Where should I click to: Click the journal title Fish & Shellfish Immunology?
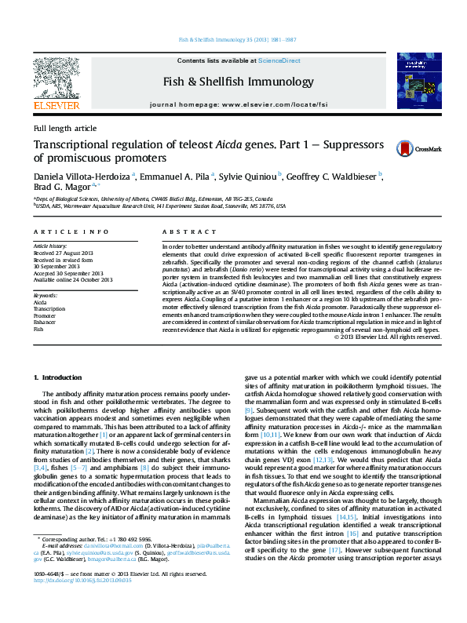point(238,82)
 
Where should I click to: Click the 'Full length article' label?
point(65,128)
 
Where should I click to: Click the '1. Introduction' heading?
point(60,377)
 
